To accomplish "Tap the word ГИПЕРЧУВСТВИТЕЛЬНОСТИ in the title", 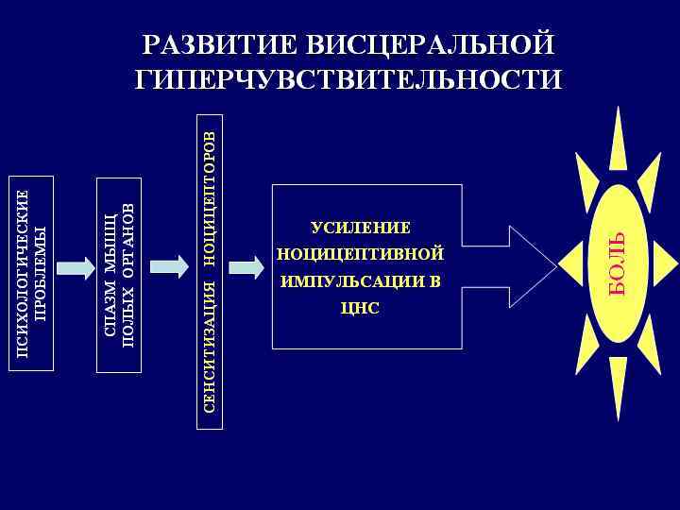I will pos(348,78).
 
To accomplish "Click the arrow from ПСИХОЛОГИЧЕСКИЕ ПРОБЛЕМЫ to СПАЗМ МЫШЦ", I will pos(76,267).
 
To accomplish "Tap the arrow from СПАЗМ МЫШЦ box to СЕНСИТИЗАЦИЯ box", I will pos(170,267).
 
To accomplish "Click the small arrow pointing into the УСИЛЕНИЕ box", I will pos(246,267).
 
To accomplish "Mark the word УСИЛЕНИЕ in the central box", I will pos(361,228).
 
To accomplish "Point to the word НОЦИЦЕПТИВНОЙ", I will pos(361,254).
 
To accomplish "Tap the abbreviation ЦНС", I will pos(361,308).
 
